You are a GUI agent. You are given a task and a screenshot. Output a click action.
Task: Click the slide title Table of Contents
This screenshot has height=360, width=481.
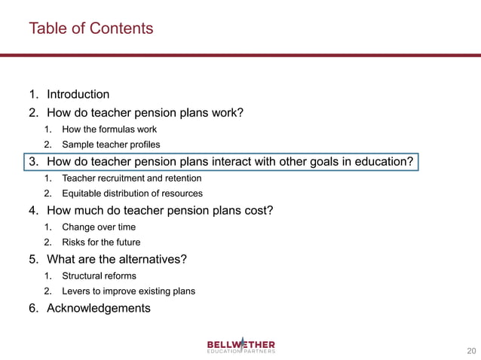[90, 29]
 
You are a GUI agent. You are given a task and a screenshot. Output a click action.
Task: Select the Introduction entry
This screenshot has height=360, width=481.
[78, 94]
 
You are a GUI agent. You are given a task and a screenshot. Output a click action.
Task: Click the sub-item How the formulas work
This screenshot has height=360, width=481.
[109, 130]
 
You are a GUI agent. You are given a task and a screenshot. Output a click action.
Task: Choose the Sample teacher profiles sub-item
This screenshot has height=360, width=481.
[111, 144]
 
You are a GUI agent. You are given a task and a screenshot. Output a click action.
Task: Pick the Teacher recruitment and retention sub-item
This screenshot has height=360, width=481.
[131, 178]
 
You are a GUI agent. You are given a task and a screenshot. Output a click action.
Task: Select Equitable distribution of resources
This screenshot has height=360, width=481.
[132, 194]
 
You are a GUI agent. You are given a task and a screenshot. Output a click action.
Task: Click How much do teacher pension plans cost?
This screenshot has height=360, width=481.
[159, 210]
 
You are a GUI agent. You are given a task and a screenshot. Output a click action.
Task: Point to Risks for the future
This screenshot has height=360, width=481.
[101, 242]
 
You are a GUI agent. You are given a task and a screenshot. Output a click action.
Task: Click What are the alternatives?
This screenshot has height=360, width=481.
[117, 259]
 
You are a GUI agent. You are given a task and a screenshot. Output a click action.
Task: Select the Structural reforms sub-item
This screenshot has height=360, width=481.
[99, 276]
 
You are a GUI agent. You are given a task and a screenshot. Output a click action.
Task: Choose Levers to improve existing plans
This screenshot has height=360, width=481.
[128, 291]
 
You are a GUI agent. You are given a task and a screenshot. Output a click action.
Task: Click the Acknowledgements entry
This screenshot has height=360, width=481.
[98, 308]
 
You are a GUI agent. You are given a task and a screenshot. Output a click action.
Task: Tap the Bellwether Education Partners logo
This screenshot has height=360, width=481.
[241, 346]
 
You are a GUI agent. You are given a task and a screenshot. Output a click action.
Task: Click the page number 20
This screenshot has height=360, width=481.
[472, 350]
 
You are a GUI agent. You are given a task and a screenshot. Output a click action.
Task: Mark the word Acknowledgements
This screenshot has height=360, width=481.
[98, 308]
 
